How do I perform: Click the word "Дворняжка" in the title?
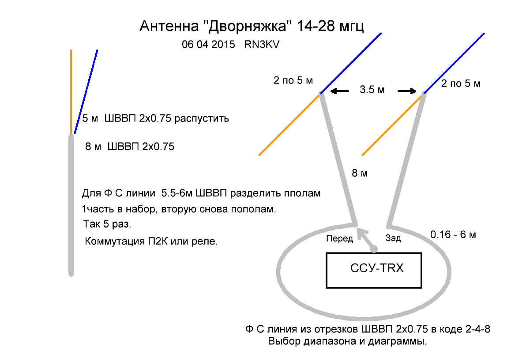[x=249, y=26]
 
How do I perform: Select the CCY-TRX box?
[x=374, y=270]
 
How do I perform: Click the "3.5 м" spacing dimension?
[x=372, y=91]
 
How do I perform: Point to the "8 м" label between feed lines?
[x=359, y=174]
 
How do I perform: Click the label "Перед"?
[x=339, y=239]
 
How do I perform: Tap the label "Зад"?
[x=393, y=239]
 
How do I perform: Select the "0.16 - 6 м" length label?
[x=453, y=235]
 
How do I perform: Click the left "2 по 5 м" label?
[x=293, y=80]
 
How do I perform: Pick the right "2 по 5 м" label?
[x=461, y=83]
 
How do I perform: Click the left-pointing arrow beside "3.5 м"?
[x=340, y=91]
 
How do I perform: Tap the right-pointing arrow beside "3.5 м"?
[x=407, y=91]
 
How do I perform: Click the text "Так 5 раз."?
[x=107, y=224]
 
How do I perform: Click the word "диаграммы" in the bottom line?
[x=399, y=342]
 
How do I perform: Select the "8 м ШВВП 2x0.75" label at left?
[x=130, y=146]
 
